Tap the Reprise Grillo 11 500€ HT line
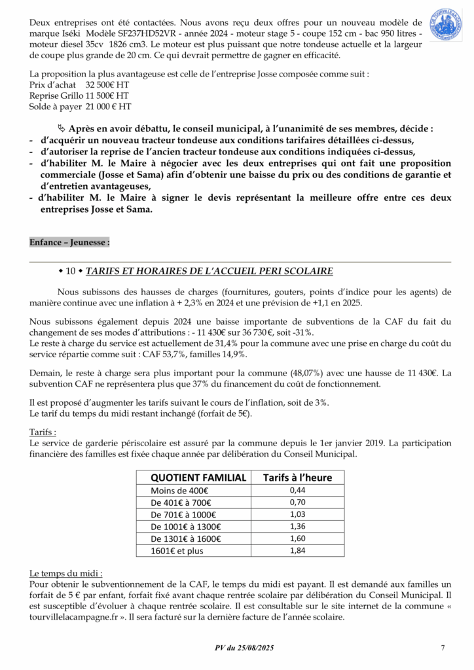tap(79, 96)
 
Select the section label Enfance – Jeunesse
tap(69, 242)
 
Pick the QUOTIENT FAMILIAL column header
tap(198, 478)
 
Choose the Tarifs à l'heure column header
tap(297, 478)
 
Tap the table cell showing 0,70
tap(297, 502)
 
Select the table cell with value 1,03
tap(297, 514)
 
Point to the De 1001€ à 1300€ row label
tap(185, 527)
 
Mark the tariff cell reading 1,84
tap(297, 551)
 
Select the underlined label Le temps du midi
tap(65, 572)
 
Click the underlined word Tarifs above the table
tap(43, 432)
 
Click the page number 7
tap(443, 648)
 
